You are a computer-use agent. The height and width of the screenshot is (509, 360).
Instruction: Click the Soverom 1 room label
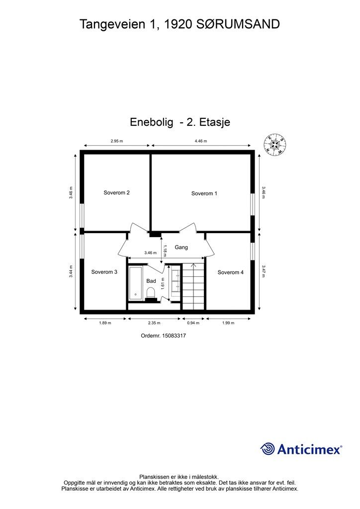tap(204, 193)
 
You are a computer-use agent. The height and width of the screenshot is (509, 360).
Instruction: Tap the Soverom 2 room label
tap(116, 192)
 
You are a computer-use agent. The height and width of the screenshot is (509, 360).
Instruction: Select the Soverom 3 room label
tap(104, 272)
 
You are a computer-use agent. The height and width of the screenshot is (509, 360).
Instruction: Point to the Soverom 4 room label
tap(231, 272)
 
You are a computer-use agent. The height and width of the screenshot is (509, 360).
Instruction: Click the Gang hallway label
tap(181, 248)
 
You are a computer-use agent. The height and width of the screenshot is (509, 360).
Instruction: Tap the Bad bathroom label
tap(151, 281)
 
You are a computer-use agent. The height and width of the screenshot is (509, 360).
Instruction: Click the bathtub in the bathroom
tap(135, 283)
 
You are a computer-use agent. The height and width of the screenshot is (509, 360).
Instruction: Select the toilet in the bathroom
tap(151, 294)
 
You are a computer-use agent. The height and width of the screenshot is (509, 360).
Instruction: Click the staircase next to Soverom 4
tap(193, 287)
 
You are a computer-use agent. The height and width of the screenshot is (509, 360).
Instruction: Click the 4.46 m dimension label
tap(200, 141)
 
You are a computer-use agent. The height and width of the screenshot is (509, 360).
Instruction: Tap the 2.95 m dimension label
tap(117, 141)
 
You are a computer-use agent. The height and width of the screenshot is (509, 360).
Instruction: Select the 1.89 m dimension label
tap(105, 323)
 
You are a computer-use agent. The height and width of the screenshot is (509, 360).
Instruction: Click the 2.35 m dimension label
tap(154, 323)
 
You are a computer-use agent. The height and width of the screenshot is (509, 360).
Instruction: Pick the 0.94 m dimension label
tap(193, 323)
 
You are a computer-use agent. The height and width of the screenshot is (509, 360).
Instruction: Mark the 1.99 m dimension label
tap(228, 323)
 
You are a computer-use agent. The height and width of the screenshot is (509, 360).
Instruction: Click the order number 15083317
tap(174, 336)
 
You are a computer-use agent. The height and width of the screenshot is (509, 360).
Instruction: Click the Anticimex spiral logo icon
tap(268, 449)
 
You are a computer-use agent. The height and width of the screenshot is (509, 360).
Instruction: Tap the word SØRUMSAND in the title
tap(238, 24)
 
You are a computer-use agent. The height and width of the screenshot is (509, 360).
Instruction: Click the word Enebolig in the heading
tap(152, 122)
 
